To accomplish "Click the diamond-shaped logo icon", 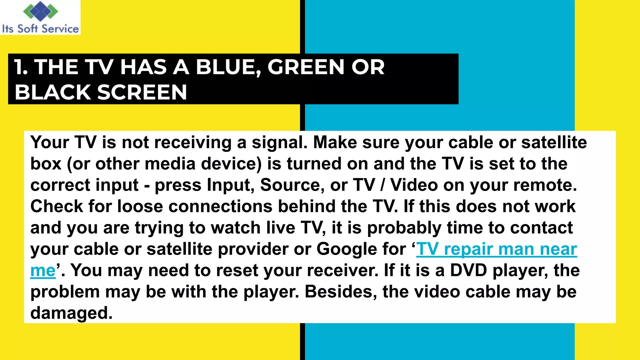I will [41, 11].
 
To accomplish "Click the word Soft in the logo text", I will [27, 29].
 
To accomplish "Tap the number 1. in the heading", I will [21, 67].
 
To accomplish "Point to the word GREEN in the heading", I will [306, 67].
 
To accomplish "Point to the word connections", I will [218, 206].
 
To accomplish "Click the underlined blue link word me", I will [43, 271].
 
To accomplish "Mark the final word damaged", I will [71, 313].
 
